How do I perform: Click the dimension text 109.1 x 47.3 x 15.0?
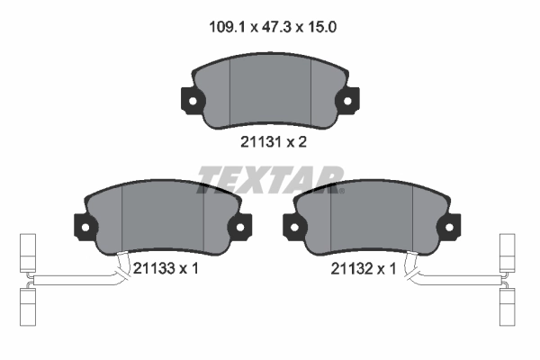273,27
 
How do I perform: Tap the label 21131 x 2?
273,141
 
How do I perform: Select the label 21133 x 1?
166,268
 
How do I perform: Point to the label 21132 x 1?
364,268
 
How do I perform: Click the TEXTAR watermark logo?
270,180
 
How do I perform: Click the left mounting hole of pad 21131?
193,101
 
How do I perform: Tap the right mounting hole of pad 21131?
347,101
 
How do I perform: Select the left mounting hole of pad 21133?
85,228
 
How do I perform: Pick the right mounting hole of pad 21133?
240,228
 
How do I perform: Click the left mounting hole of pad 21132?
294,228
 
